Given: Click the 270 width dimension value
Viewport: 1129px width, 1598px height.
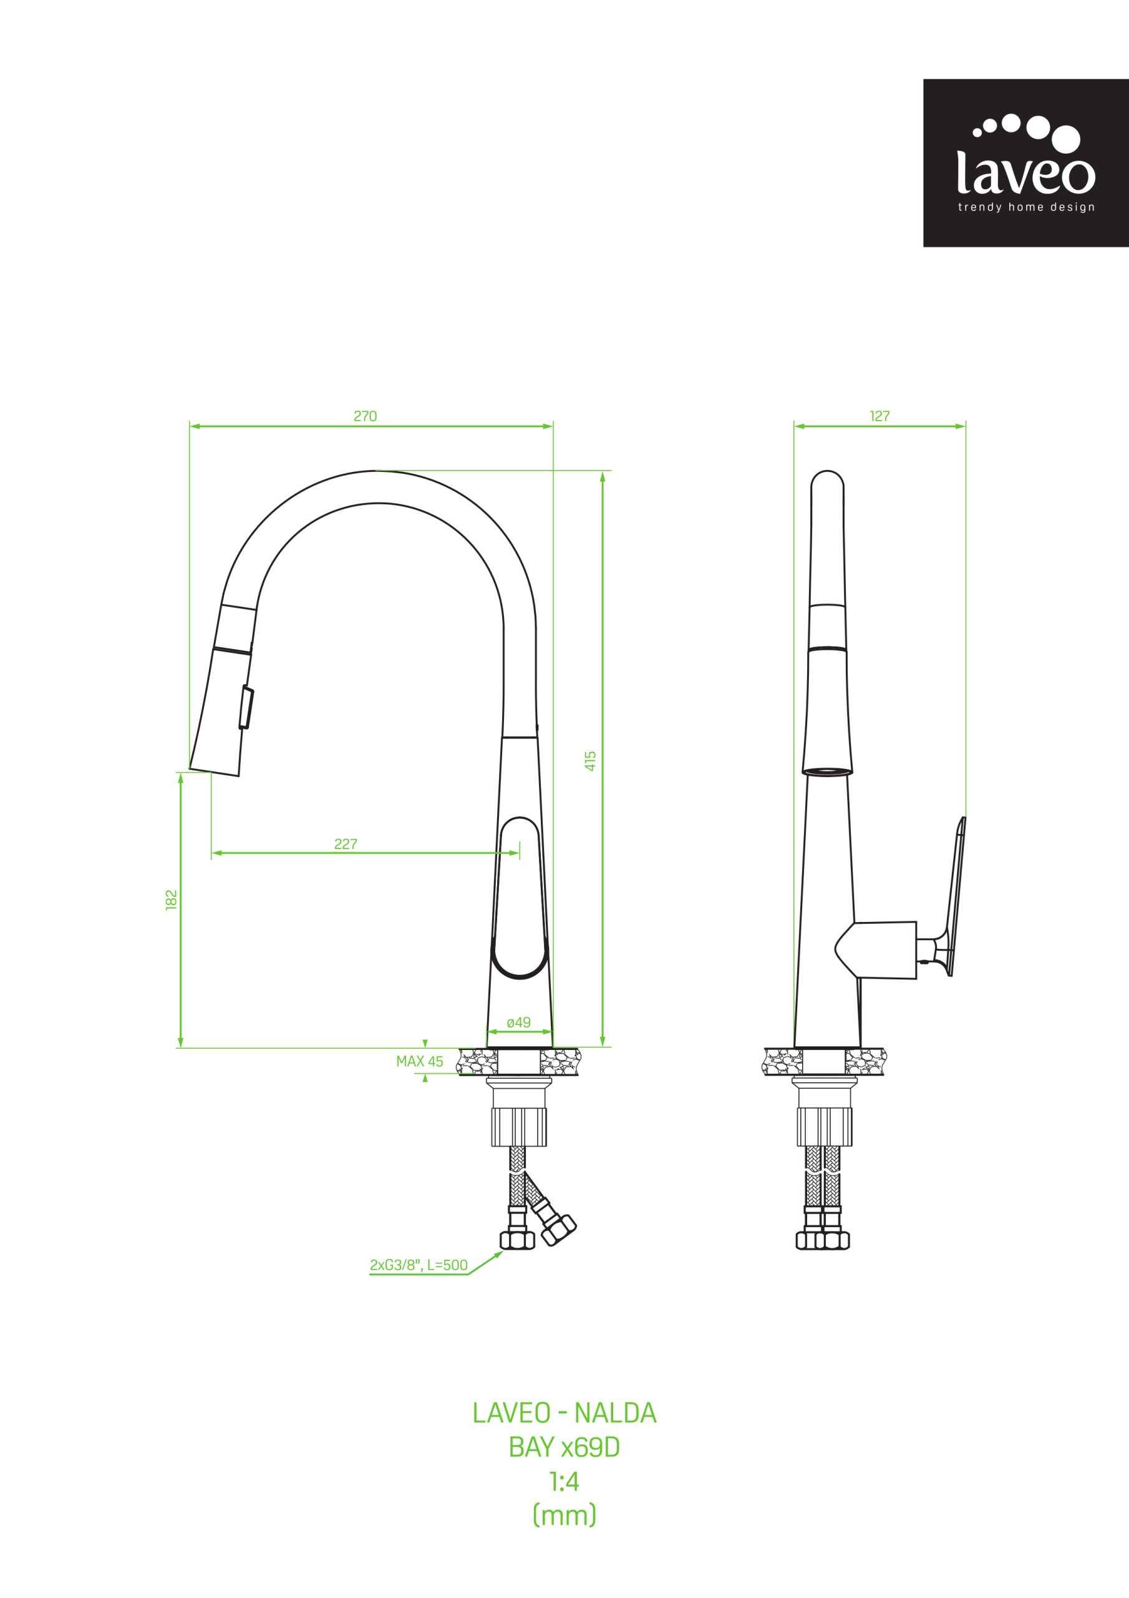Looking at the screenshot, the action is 365,416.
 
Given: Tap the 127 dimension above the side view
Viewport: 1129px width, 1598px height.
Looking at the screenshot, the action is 880,416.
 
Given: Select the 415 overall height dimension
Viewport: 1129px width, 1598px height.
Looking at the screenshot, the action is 591,760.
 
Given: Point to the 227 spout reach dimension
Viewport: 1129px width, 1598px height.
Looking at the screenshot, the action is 346,844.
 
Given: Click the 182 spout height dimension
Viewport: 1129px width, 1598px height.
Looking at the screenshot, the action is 172,899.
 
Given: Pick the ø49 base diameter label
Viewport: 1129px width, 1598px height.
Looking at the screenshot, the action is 519,1022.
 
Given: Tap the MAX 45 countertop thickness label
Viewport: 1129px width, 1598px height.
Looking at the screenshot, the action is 419,1061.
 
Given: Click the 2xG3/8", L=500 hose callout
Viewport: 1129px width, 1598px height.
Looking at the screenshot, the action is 419,1265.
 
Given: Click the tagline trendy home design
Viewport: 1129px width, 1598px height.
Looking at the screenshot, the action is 1026,207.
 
